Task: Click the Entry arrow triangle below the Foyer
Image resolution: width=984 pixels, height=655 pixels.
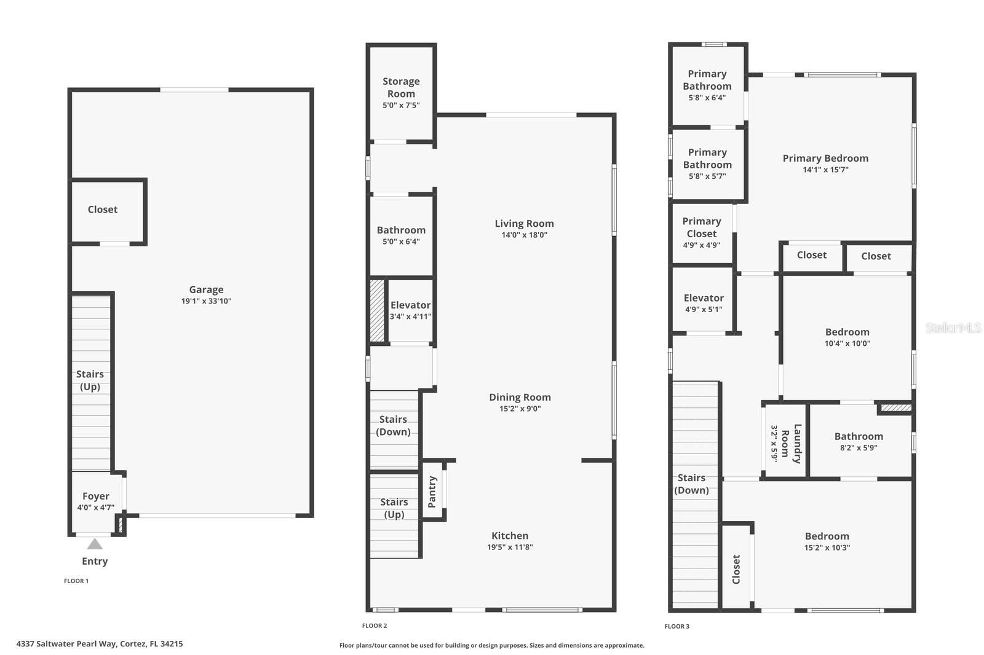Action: pyautogui.click(x=95, y=544)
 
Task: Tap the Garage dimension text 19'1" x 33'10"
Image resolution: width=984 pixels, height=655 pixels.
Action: pyautogui.click(x=206, y=301)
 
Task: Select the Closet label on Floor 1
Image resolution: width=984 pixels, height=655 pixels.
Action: pyautogui.click(x=103, y=210)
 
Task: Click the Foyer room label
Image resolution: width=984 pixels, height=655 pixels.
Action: pyautogui.click(x=96, y=496)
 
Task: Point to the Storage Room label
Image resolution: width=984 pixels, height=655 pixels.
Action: pyautogui.click(x=401, y=87)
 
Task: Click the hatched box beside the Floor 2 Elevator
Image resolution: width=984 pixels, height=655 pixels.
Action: pyautogui.click(x=377, y=310)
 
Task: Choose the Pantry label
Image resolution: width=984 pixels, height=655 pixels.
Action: pyautogui.click(x=432, y=492)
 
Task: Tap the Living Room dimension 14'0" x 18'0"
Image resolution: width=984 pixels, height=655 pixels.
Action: pyautogui.click(x=524, y=235)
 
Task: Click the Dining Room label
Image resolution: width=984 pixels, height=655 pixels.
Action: pyautogui.click(x=520, y=398)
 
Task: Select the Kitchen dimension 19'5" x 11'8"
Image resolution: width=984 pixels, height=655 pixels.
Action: pyautogui.click(x=510, y=547)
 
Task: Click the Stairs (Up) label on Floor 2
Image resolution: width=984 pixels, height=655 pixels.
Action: pyautogui.click(x=394, y=508)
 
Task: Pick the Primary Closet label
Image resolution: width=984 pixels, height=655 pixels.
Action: pyautogui.click(x=702, y=227)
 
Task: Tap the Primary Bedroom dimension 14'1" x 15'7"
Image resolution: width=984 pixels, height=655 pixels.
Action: pyautogui.click(x=825, y=170)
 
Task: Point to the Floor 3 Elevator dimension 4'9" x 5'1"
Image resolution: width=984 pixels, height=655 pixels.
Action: pyautogui.click(x=704, y=310)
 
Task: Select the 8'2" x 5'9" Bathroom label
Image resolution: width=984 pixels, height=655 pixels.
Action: pyautogui.click(x=859, y=437)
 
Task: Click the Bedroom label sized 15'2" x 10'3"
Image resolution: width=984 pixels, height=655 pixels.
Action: pyautogui.click(x=827, y=536)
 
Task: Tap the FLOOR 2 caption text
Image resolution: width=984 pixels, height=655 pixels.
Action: pyautogui.click(x=375, y=626)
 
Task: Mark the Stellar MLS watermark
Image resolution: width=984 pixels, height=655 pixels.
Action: pyautogui.click(x=953, y=328)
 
